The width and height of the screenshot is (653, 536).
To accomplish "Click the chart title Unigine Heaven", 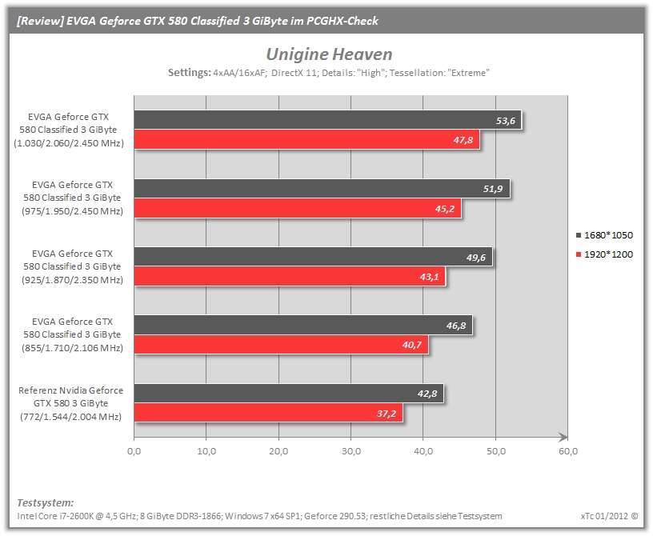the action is point(329,54).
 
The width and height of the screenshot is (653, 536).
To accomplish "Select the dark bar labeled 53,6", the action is point(328,120).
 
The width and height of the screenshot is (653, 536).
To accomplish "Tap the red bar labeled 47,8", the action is point(307,139).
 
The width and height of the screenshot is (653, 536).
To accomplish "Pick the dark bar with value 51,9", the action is point(322,189).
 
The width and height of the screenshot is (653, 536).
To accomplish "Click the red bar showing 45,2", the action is point(298,208).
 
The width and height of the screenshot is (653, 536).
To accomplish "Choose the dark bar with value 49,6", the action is point(313,257).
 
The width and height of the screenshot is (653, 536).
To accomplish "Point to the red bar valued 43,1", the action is point(290,276).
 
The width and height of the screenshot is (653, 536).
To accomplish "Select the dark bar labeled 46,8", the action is point(303,325).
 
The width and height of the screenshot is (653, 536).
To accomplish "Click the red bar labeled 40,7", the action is point(281,345).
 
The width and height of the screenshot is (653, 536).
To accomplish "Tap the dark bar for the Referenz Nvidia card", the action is point(289,393).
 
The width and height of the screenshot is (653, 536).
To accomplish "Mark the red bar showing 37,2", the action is point(269,413).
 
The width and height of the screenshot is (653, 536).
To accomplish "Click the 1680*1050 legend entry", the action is point(604,235).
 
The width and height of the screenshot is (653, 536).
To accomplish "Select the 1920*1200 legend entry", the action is point(604,254).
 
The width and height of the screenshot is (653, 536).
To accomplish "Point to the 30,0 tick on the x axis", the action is point(351,451).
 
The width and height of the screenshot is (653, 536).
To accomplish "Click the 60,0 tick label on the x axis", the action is point(568,451).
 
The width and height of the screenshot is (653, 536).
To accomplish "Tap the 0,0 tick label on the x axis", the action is point(134,451).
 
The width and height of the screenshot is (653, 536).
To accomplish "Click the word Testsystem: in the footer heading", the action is point(46,502).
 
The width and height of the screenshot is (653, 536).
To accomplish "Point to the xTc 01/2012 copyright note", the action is point(609,516).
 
